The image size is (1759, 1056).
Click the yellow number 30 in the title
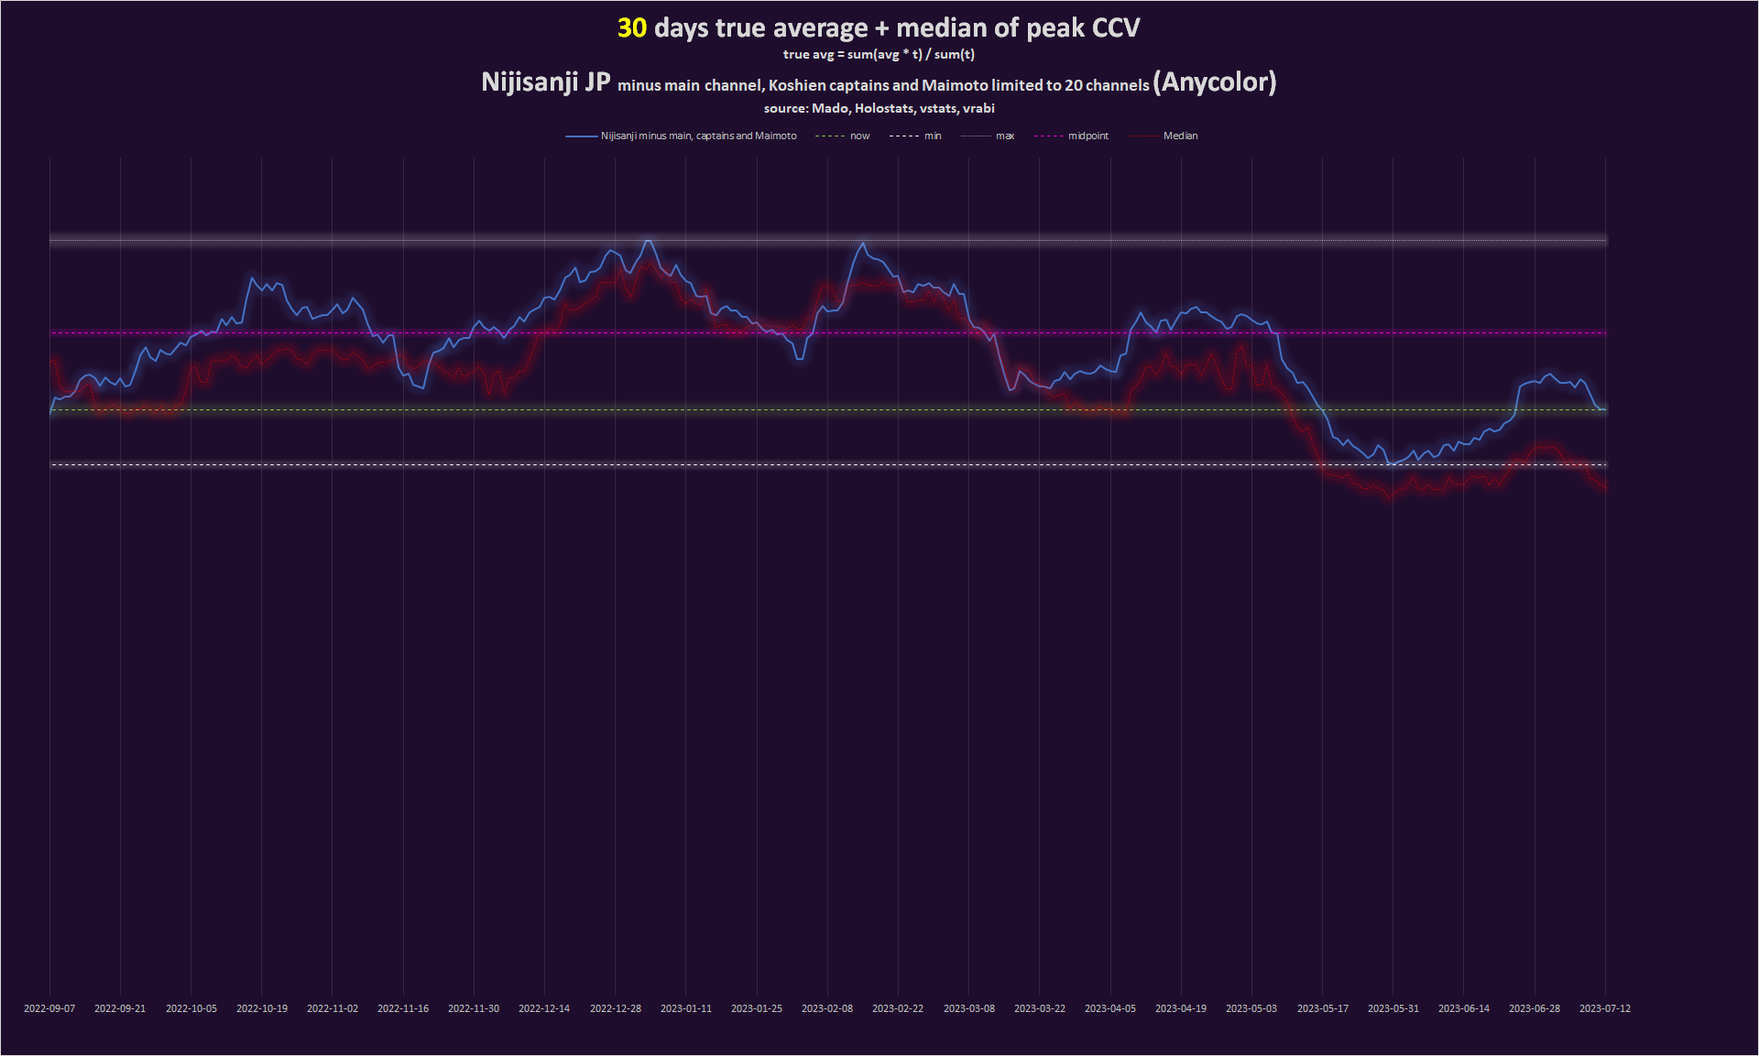tap(632, 28)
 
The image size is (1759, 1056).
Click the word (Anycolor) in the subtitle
tap(1214, 82)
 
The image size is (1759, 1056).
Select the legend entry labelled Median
tap(1180, 136)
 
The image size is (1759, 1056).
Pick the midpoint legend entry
tap(1087, 136)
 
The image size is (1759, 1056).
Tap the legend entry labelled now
tap(859, 136)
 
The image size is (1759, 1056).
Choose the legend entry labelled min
tap(933, 136)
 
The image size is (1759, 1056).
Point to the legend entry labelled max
tap(1004, 136)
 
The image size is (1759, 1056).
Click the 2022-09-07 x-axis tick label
tap(49, 1008)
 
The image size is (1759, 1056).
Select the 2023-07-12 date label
tap(1604, 1008)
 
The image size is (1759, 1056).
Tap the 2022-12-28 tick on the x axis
tap(616, 1008)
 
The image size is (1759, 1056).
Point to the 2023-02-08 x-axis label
tap(827, 1008)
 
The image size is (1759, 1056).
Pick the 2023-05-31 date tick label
tap(1393, 1008)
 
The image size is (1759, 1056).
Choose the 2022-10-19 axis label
tap(262, 1008)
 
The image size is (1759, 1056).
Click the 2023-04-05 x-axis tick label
tap(1110, 1008)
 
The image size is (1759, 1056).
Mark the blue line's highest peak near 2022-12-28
tap(648, 241)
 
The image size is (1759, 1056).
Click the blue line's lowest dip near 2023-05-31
tap(1391, 464)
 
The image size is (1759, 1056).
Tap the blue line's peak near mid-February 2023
tap(862, 243)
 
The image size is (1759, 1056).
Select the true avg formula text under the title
tap(879, 55)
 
